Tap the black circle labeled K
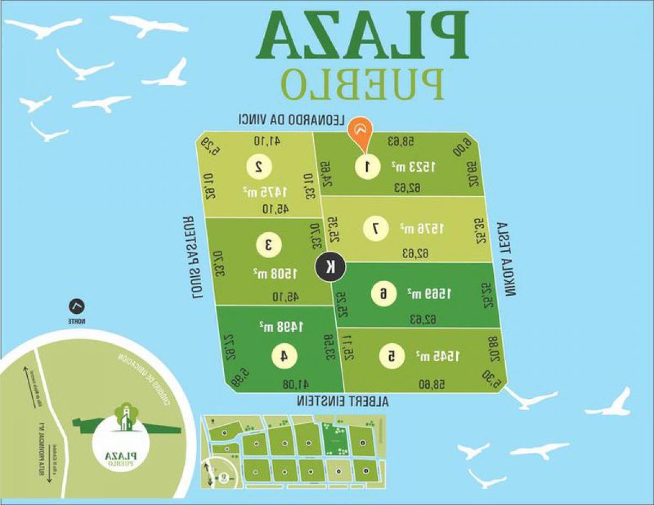(330, 267)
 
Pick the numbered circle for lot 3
(268, 245)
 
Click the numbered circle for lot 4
(284, 356)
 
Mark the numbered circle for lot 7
(375, 229)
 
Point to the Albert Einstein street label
(343, 401)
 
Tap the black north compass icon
(77, 307)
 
